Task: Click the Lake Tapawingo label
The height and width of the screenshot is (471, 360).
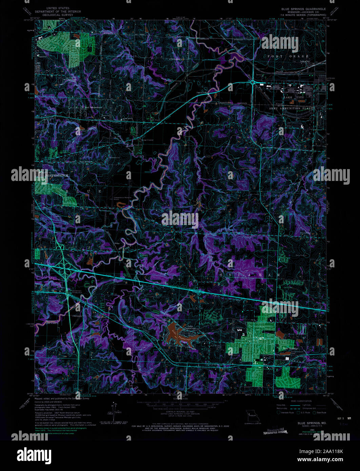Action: pos(190,327)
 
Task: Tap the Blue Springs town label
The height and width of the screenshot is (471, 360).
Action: pos(288,348)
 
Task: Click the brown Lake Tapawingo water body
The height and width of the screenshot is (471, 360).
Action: pos(180,335)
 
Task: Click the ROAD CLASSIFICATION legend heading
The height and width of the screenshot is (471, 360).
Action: pos(301,401)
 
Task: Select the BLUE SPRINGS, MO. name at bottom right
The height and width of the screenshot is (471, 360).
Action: pos(307,423)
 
